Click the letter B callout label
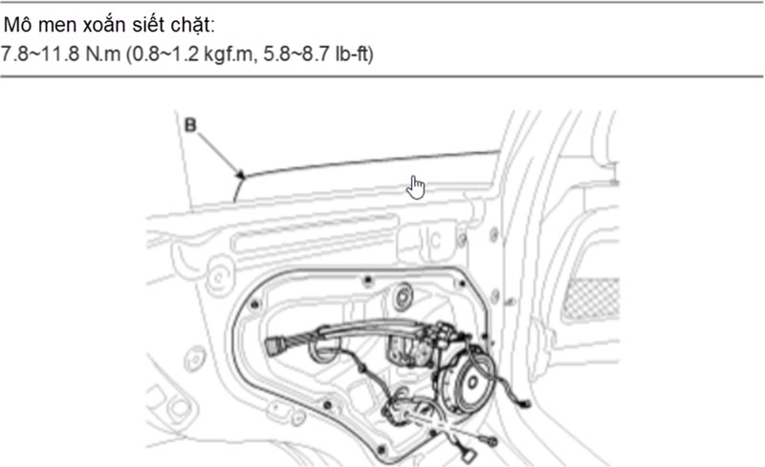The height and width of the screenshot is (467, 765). click(189, 125)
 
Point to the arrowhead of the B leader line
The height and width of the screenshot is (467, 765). click(241, 175)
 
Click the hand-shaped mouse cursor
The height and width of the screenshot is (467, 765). click(415, 188)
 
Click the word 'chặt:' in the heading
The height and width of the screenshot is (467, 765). click(193, 25)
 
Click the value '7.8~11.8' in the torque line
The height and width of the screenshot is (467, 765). click(39, 54)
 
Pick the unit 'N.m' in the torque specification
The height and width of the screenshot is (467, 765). click(103, 54)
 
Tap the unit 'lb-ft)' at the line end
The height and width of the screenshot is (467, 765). click(354, 54)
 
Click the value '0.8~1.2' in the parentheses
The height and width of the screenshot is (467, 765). click(163, 54)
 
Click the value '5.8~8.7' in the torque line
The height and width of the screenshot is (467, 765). click(296, 54)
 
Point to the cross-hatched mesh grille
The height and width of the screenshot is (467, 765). click(591, 299)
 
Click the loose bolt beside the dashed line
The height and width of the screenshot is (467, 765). click(490, 441)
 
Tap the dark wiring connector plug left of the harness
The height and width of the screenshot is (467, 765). click(273, 347)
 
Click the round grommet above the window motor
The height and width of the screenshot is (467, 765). click(403, 295)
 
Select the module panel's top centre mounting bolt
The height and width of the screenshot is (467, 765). click(368, 280)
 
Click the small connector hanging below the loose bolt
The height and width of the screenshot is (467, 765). click(470, 456)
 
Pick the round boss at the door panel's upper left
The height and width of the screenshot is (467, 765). click(220, 278)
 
